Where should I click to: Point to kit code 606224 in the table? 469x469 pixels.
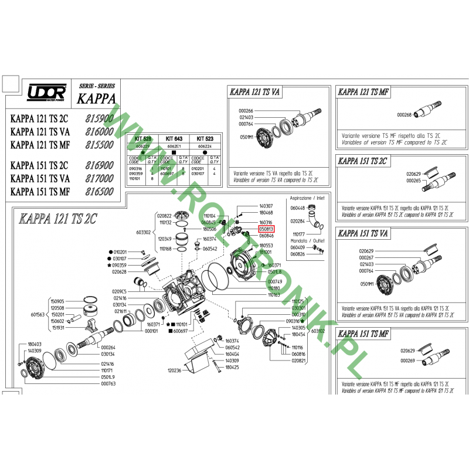click(x=206, y=145)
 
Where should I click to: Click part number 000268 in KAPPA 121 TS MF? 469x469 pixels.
click(x=405, y=115)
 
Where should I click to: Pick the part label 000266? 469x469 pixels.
click(x=246, y=111)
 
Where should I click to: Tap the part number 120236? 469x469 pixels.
click(x=174, y=371)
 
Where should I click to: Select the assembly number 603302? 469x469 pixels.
click(x=144, y=232)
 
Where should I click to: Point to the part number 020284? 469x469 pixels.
click(x=298, y=221)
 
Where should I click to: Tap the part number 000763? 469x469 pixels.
click(x=108, y=384)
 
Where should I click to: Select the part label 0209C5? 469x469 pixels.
click(x=119, y=291)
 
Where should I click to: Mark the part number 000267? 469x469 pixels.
click(x=366, y=258)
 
